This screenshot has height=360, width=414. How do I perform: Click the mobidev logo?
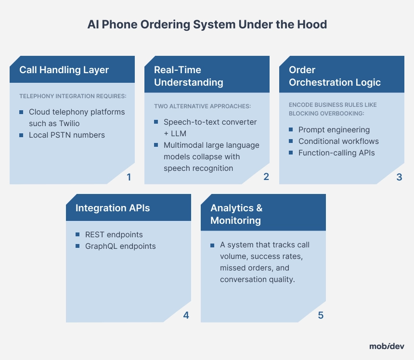pyautogui.click(x=387, y=346)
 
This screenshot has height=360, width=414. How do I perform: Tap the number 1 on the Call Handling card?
pyautogui.click(x=129, y=177)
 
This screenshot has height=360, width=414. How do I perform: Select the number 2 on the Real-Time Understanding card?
pyautogui.click(x=266, y=177)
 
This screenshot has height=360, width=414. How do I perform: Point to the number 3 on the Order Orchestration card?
pyautogui.click(x=399, y=177)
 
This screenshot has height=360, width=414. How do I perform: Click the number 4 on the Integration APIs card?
pyautogui.click(x=186, y=315)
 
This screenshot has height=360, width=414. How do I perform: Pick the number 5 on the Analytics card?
pyautogui.click(x=321, y=315)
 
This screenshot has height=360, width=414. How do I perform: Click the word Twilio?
pyautogui.click(x=69, y=123)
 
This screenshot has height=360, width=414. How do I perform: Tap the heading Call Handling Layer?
pyautogui.click(x=64, y=70)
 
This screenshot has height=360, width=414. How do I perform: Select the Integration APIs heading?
pyautogui.click(x=113, y=208)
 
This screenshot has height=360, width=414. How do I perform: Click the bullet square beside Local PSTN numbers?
pyautogui.click(x=21, y=135)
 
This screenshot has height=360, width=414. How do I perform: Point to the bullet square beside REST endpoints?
pyautogui.click(x=78, y=234)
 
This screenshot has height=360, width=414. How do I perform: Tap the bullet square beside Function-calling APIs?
pyautogui.click(x=291, y=153)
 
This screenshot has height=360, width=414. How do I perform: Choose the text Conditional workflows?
pyautogui.click(x=338, y=141)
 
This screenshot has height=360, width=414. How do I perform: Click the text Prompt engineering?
pyautogui.click(x=334, y=130)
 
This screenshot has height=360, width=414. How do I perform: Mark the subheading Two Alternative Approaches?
pyautogui.click(x=203, y=106)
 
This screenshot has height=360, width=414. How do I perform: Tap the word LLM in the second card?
pyautogui.click(x=179, y=133)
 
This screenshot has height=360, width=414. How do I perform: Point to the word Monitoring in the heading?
pyautogui.click(x=235, y=220)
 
